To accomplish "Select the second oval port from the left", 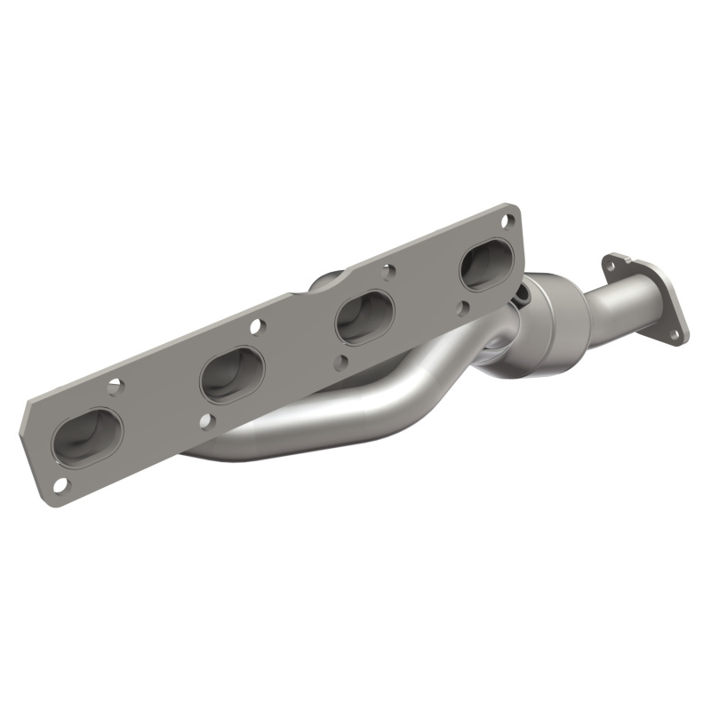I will pyautogui.click(x=232, y=374).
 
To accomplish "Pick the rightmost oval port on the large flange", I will pyautogui.click(x=486, y=264).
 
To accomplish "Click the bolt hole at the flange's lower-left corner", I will pyautogui.click(x=60, y=483).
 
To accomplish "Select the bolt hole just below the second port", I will pyautogui.click(x=206, y=421).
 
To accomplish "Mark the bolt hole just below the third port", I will pyautogui.click(x=341, y=362).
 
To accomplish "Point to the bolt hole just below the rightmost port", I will pyautogui.click(x=464, y=307).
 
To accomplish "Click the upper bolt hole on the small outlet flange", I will pyautogui.click(x=611, y=263).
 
